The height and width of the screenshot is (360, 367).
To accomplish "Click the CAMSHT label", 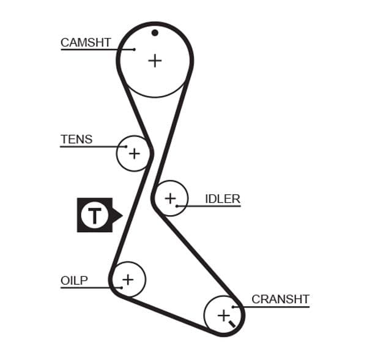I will [x=86, y=42].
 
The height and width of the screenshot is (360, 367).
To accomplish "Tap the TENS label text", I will [x=76, y=139].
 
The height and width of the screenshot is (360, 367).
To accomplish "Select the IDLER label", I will [x=223, y=199].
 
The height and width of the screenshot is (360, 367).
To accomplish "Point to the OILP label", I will [x=74, y=281].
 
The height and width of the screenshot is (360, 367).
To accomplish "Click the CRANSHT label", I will [x=280, y=299].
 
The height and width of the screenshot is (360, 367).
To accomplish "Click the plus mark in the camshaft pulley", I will [x=155, y=61].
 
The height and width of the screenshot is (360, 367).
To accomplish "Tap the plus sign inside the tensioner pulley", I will [x=133, y=153].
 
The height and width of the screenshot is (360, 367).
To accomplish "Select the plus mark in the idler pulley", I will [x=169, y=198].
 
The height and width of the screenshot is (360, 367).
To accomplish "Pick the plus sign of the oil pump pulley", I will [x=127, y=280].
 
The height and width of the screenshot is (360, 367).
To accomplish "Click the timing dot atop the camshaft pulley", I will [x=155, y=32].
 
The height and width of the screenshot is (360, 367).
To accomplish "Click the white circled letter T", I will [x=94, y=215].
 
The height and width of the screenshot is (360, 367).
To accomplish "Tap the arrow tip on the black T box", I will [x=121, y=215].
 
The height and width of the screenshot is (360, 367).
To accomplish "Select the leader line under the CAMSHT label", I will [x=92, y=50].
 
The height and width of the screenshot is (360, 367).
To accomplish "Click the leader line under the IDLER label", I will [x=211, y=206].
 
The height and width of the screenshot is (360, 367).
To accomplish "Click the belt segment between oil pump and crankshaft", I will [x=165, y=314].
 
